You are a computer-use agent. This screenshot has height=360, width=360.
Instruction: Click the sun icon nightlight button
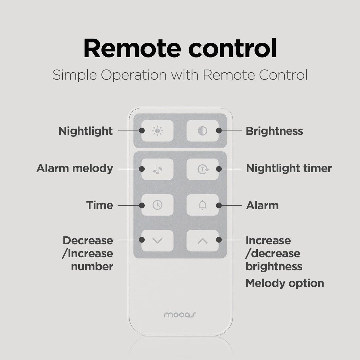click(x=157, y=131)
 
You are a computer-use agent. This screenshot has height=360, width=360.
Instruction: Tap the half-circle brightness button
click(x=203, y=131)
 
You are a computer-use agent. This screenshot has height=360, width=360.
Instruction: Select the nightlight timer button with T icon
click(x=203, y=169)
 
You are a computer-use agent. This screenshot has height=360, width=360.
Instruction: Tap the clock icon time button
click(x=157, y=205)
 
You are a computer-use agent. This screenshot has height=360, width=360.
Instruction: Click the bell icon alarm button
click(x=203, y=205)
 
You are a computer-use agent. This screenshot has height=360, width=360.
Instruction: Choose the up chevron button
click(x=203, y=240)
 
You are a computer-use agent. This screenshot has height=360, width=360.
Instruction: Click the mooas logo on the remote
click(x=180, y=315)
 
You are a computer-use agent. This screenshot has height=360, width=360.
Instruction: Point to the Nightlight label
click(x=86, y=131)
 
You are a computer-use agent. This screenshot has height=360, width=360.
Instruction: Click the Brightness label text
click(x=274, y=131)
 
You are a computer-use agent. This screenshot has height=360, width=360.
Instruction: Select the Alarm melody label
click(x=75, y=168)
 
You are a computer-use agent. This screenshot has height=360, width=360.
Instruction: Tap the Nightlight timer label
click(x=289, y=168)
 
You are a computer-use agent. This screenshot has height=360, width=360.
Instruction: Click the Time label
click(x=100, y=205)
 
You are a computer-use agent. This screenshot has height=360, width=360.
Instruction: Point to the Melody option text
click(x=285, y=283)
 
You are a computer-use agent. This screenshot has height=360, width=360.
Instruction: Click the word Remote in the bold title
click(x=132, y=48)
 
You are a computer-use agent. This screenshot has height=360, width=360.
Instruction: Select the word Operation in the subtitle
click(x=134, y=75)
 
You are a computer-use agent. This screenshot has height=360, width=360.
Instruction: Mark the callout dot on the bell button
click(x=219, y=205)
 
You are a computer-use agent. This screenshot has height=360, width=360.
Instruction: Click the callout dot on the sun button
click(x=142, y=130)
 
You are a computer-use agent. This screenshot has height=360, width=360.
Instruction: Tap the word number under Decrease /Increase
click(x=92, y=266)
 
